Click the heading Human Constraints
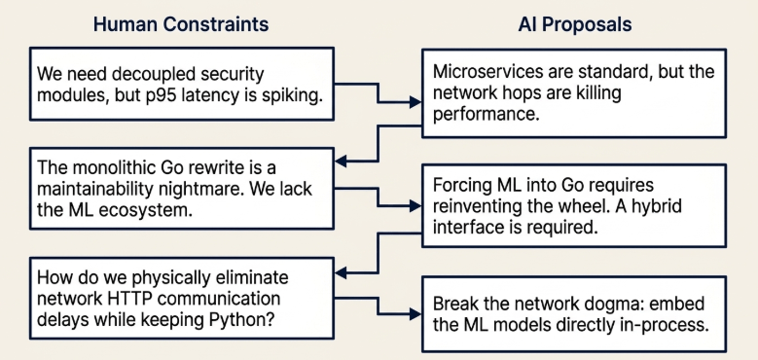pyautogui.click(x=181, y=24)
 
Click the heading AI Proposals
pyautogui.click(x=575, y=24)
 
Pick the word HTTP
pyautogui.click(x=129, y=299)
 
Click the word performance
pyautogui.click(x=486, y=115)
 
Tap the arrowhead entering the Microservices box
pyautogui.click(x=415, y=102)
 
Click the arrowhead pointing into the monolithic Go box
pyautogui.click(x=341, y=161)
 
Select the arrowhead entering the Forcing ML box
pyautogui.click(x=415, y=206)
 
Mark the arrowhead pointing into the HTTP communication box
pyautogui.click(x=341, y=273)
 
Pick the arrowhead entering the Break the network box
pyautogui.click(x=415, y=314)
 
